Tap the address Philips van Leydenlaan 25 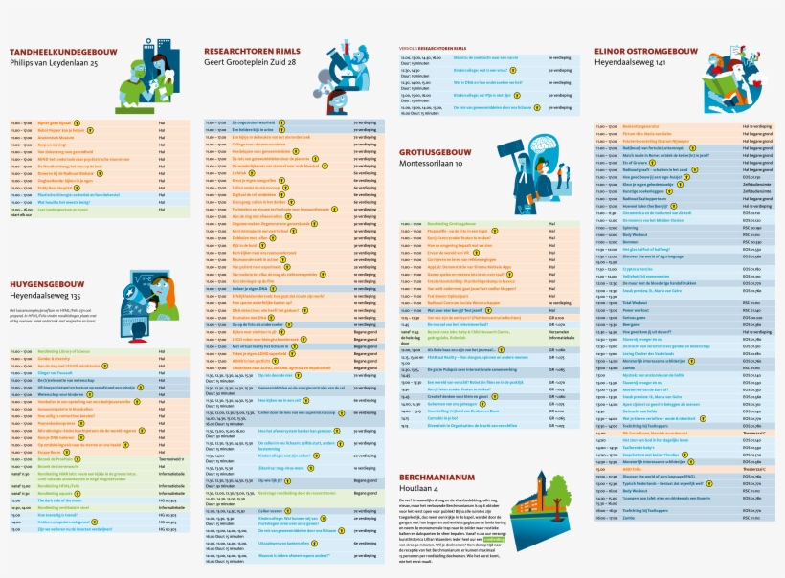click(x=54, y=62)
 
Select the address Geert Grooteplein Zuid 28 click(x=250, y=62)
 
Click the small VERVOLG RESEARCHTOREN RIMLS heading click(x=439, y=46)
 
